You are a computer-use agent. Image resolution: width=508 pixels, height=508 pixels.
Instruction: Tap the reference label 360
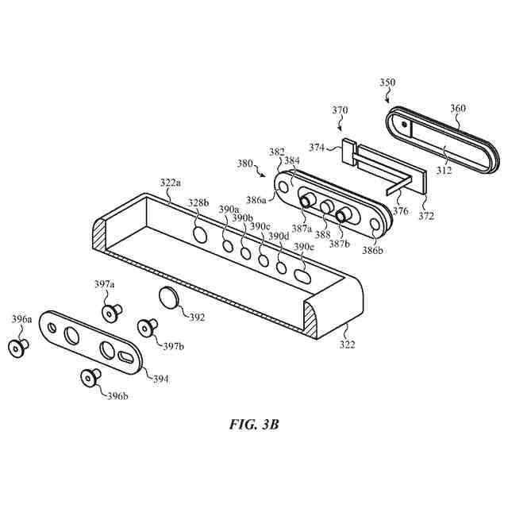[x=458, y=109]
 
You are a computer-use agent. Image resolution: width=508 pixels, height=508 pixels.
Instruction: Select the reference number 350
[x=387, y=82]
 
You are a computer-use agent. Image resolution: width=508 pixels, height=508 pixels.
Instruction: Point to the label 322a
[x=170, y=183]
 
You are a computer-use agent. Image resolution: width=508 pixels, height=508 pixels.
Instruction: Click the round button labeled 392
[x=171, y=299]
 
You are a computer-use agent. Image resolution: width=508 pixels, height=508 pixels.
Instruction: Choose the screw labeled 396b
[x=91, y=377]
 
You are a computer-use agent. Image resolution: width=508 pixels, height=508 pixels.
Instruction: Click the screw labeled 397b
[x=147, y=327]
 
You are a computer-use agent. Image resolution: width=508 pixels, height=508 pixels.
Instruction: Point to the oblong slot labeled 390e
[x=302, y=277]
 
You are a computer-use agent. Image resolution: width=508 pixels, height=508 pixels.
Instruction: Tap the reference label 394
[x=160, y=379]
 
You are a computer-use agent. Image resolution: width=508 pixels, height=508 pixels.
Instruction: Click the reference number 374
[x=317, y=148]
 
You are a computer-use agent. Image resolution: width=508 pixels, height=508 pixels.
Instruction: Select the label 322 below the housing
[x=348, y=344]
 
